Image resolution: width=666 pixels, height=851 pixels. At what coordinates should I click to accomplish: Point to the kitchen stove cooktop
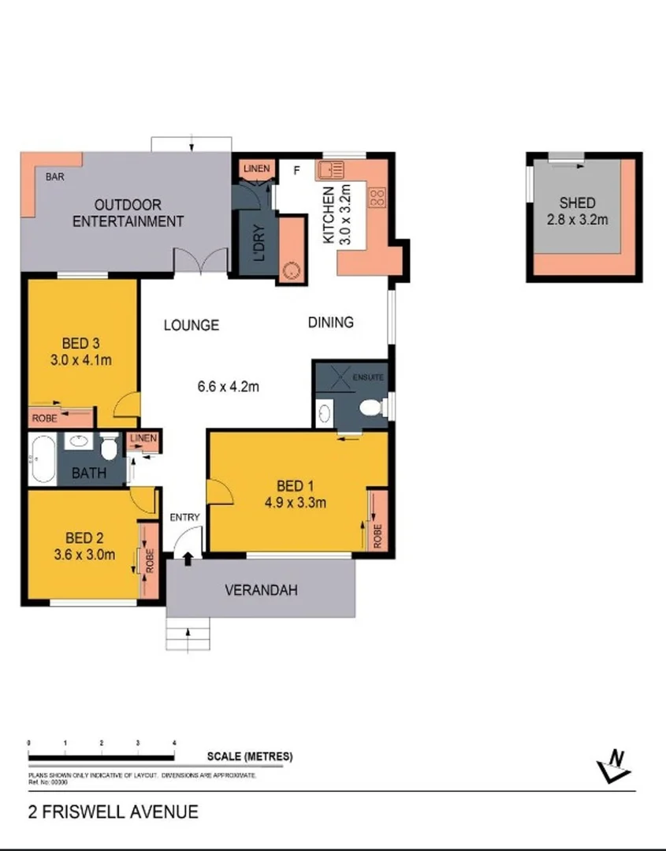pyautogui.click(x=376, y=195)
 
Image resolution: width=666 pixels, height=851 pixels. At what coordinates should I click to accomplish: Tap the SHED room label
pyautogui.click(x=577, y=203)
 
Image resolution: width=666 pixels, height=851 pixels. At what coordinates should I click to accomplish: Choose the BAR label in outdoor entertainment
pyautogui.click(x=54, y=177)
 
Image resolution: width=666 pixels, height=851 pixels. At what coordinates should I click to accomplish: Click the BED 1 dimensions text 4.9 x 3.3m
pyautogui.click(x=296, y=501)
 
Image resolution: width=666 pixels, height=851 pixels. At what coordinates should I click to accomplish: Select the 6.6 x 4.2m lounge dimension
pyautogui.click(x=228, y=386)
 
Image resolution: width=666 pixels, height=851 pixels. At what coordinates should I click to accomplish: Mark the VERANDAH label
pyautogui.click(x=261, y=589)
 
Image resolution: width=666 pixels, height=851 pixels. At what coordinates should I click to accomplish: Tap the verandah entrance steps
pyautogui.click(x=188, y=634)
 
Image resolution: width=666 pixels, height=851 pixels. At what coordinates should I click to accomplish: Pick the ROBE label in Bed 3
pyautogui.click(x=44, y=418)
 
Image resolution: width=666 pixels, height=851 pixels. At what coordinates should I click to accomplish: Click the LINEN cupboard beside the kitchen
pyautogui.click(x=256, y=169)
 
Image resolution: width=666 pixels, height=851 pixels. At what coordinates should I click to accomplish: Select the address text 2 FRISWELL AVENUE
pyautogui.click(x=113, y=812)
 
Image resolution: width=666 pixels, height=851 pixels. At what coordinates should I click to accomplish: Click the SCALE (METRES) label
pyautogui.click(x=249, y=756)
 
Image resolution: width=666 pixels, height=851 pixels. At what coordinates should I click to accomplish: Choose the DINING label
pyautogui.click(x=330, y=322)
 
